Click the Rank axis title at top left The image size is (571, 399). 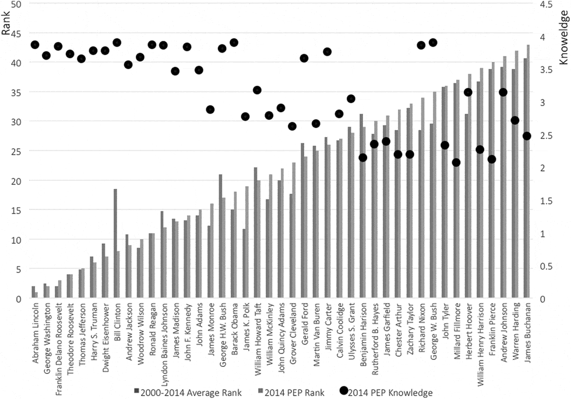(x=6, y=27)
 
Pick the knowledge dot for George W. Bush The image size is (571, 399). (x=433, y=43)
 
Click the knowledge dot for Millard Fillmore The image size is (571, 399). (x=456, y=162)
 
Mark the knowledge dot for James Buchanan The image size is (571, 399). (x=527, y=136)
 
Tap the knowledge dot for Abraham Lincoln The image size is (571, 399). (x=35, y=45)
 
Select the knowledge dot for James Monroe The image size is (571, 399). (x=210, y=110)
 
